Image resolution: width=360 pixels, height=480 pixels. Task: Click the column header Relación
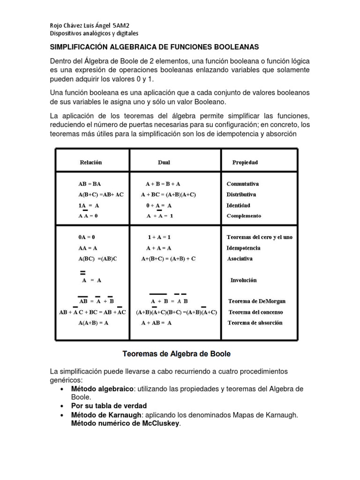click(x=90, y=162)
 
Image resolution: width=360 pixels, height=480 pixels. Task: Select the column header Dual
click(x=164, y=162)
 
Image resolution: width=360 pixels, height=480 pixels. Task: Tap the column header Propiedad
click(x=245, y=162)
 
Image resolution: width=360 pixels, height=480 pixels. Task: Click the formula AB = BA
click(x=90, y=184)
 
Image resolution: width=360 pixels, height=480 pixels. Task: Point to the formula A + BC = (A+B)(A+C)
click(x=168, y=195)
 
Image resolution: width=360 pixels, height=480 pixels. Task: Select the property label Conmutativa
click(x=243, y=184)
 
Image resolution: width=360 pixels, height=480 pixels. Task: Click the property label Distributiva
click(x=241, y=195)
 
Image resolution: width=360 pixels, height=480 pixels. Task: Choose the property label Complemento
click(x=244, y=216)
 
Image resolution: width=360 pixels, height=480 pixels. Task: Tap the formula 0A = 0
click(x=87, y=237)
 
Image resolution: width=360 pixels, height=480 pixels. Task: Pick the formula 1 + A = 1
click(x=159, y=237)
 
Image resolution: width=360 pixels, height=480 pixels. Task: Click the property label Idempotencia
click(x=243, y=248)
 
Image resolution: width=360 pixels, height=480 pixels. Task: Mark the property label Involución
click(x=243, y=280)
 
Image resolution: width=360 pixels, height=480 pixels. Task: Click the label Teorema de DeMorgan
click(x=256, y=301)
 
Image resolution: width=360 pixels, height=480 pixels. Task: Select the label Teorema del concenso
click(x=255, y=312)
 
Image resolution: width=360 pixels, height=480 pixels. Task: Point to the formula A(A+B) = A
click(x=93, y=323)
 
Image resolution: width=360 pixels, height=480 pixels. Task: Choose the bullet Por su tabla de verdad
click(x=109, y=406)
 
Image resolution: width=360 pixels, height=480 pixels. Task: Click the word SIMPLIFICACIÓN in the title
click(x=79, y=47)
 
